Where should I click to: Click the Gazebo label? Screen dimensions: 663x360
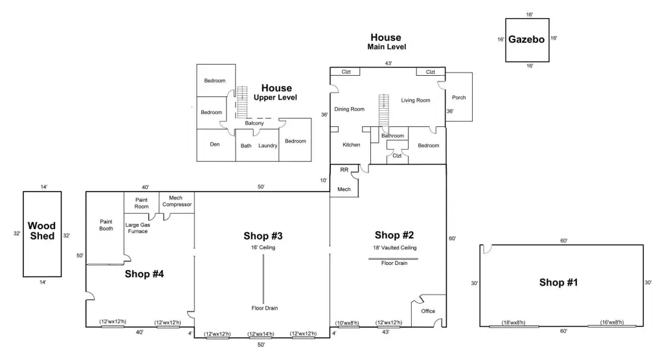tap(526, 39)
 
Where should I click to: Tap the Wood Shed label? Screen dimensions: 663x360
tap(42, 231)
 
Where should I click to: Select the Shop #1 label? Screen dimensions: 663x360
tap(558, 282)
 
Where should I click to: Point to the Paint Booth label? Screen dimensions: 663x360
tap(106, 225)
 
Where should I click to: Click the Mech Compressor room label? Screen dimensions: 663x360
tap(177, 201)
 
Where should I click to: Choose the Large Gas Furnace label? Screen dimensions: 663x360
tap(138, 228)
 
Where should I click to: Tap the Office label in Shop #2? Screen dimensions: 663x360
tap(428, 311)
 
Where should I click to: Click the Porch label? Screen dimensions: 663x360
tap(459, 97)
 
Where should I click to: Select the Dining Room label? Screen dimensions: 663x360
tap(349, 109)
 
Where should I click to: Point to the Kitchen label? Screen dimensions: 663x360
tap(352, 144)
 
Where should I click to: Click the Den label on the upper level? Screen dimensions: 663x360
tap(215, 144)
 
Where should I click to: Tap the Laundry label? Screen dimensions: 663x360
tap(267, 146)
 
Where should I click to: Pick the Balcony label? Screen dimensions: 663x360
tap(254, 123)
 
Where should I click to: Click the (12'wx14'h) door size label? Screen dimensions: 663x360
tap(261, 333)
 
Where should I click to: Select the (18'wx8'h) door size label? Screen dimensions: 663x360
tap(513, 322)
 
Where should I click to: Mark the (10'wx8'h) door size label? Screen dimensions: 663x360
tap(347, 323)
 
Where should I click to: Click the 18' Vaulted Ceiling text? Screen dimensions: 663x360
tap(394, 247)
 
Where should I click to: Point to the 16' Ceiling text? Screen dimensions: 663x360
tap(263, 247)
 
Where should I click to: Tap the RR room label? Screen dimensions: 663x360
tap(344, 170)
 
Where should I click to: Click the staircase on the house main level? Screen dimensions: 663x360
tap(383, 110)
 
